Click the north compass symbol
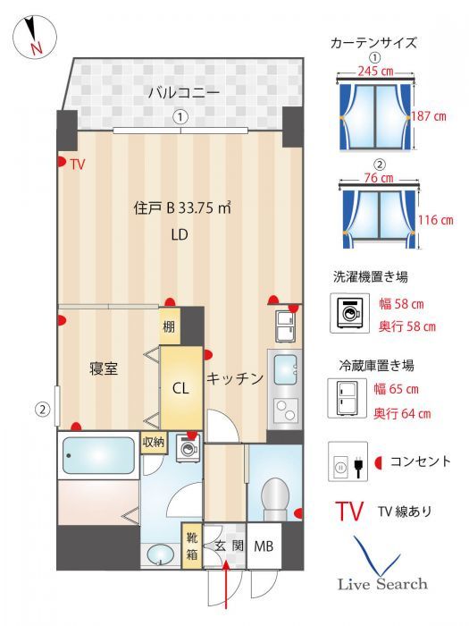click(35, 38)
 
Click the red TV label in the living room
click(78, 165)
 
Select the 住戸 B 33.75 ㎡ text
click(182, 208)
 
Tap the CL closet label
click(181, 388)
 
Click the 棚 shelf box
click(170, 326)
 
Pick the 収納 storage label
click(153, 442)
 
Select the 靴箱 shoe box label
click(191, 546)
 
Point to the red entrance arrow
click(225, 590)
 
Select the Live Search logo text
click(381, 584)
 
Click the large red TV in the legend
click(349, 512)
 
